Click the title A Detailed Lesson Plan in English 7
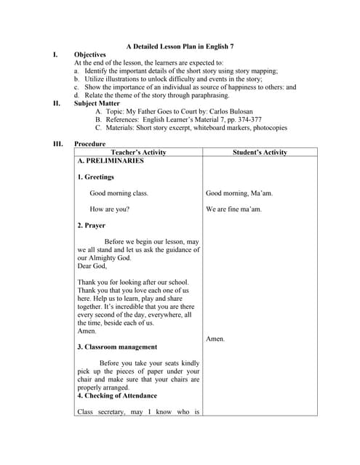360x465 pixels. pos(180,46)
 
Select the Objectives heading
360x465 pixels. pos(90,54)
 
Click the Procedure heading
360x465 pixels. pos(90,144)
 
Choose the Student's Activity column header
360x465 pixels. pos(260,153)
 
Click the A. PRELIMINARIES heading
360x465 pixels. pos(110,161)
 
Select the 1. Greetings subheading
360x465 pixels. pos(95,177)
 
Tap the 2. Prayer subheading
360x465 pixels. pos(91,225)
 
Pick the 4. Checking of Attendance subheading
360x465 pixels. pos(116,395)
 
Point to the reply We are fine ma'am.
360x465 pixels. pos(234,209)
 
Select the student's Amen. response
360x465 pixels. pos(215,339)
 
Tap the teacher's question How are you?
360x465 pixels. pos(110,209)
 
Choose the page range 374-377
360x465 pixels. pos(247,119)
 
